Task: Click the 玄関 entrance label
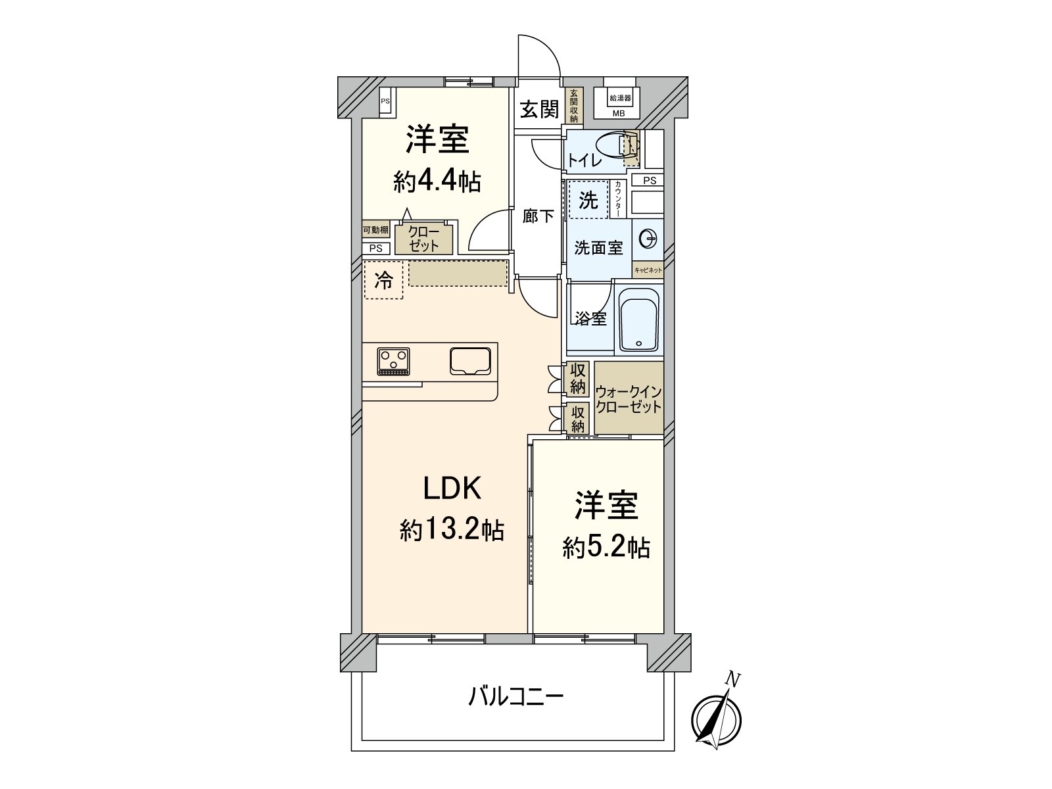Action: point(539,109)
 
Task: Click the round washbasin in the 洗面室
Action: point(648,239)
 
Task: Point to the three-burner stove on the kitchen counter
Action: point(393,361)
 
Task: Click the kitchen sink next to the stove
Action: point(471,360)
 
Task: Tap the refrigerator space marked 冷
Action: point(383,281)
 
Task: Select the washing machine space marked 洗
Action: point(588,200)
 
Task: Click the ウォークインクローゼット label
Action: point(628,399)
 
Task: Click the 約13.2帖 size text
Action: point(452,529)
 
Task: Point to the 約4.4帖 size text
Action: point(437,181)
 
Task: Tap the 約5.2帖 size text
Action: point(606,547)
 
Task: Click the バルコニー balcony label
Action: point(515,696)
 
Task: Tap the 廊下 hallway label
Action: point(538,216)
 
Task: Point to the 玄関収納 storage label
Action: point(573,106)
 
